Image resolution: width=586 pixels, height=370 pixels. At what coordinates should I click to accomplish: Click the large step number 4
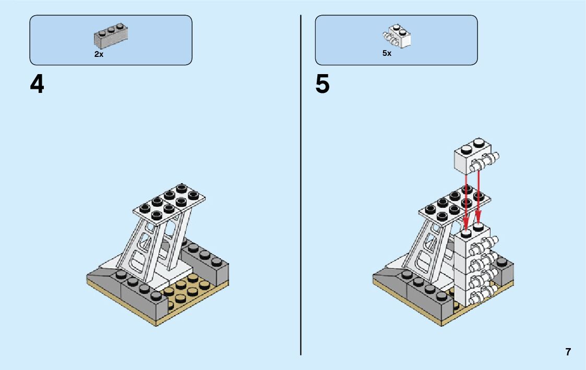(37, 85)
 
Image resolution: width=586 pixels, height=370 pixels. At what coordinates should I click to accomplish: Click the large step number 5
(322, 85)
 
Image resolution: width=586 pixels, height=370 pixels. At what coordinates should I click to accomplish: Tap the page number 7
(568, 352)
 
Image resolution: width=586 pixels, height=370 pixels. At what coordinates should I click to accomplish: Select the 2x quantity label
(99, 54)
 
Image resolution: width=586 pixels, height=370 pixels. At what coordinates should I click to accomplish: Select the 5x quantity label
(387, 53)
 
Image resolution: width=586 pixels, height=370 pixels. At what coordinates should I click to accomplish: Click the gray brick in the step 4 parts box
(111, 36)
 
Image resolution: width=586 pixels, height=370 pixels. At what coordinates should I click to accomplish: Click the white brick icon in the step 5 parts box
(398, 35)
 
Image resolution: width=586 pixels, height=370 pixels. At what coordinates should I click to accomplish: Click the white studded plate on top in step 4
(170, 204)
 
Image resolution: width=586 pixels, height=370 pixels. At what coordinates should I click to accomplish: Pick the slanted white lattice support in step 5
(430, 248)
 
